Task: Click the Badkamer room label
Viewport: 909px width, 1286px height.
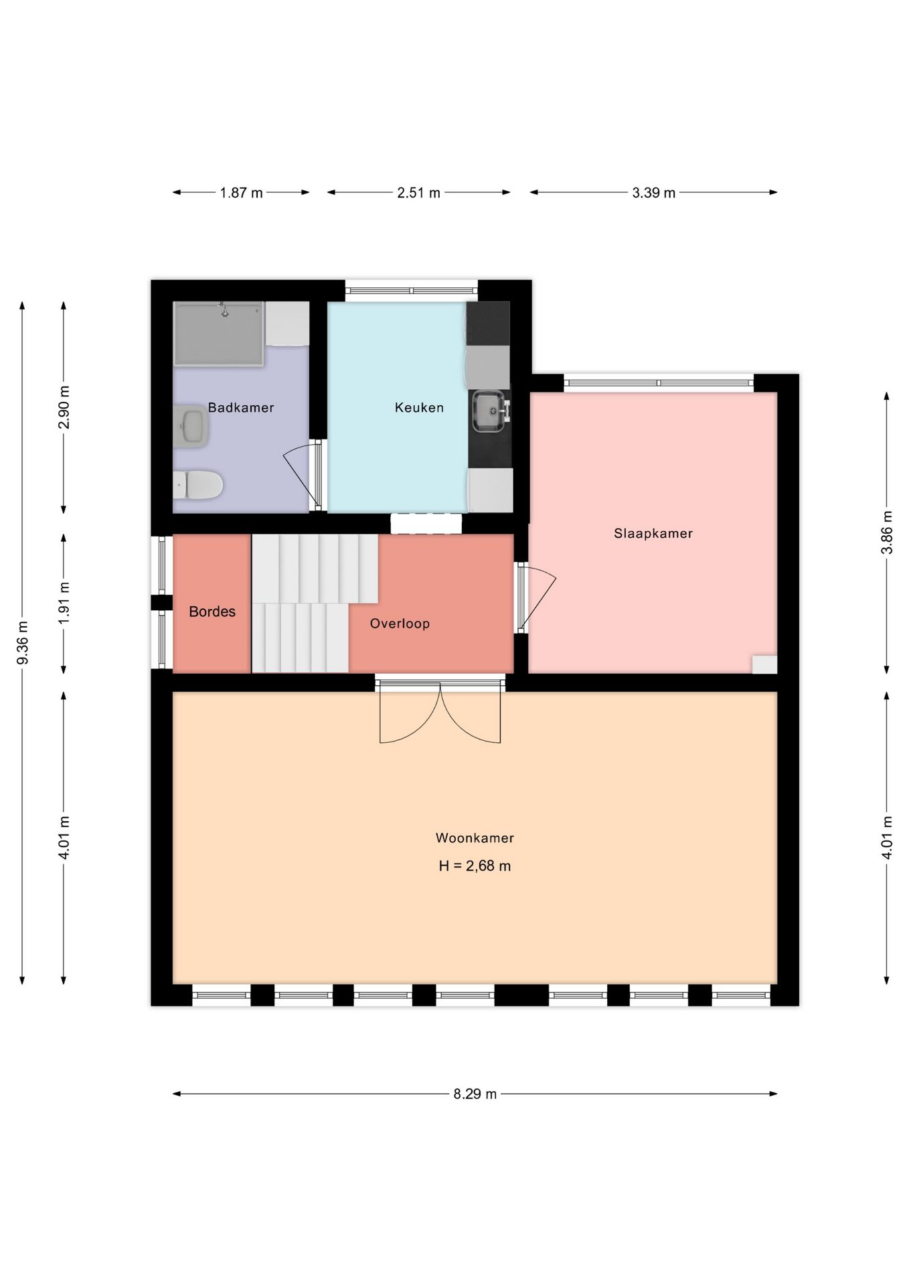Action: (x=241, y=407)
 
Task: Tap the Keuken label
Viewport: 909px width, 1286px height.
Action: (x=419, y=407)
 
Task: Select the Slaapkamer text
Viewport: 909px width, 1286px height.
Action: (x=653, y=533)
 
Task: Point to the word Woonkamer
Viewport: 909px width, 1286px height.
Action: (x=475, y=837)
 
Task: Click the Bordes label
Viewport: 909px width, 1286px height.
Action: (x=212, y=611)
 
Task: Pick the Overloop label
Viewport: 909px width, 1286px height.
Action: (x=400, y=624)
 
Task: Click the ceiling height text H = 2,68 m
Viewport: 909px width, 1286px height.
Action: (x=475, y=865)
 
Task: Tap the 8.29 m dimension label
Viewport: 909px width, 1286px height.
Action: (x=475, y=1094)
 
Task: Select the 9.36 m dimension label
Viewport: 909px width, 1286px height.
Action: (x=22, y=643)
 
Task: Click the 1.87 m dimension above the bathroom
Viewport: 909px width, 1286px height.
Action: (x=241, y=193)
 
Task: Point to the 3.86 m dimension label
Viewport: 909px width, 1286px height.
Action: (x=887, y=532)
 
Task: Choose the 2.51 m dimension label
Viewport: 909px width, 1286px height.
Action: (x=419, y=193)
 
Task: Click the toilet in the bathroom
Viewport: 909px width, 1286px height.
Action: (x=197, y=484)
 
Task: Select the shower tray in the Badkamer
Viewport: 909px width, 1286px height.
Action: (x=219, y=334)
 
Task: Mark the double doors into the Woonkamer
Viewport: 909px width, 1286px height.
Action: (x=440, y=712)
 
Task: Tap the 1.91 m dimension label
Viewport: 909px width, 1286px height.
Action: (x=64, y=603)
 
